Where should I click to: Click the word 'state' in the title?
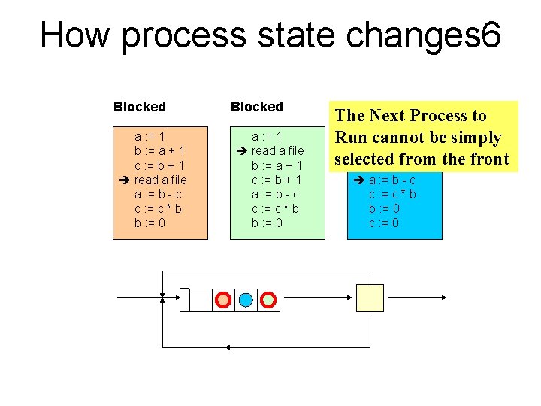coord(296,35)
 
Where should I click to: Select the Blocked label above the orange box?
coord(140,107)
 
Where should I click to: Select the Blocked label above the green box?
coord(257,107)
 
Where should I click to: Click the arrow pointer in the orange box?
coord(124,180)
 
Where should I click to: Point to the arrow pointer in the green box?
coord(241,150)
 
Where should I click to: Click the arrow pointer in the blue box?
coord(359,180)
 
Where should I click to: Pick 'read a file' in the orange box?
coord(161,180)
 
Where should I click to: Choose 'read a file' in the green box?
coord(278,150)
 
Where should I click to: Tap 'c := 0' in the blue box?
coord(384,223)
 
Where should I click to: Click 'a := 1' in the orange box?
coord(150,136)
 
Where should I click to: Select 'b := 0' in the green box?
coord(267,223)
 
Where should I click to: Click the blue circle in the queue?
coord(246,300)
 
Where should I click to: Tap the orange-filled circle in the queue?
coord(223,300)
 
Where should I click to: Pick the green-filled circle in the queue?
coord(268,300)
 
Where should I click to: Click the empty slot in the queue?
coord(201,300)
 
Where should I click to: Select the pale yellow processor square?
coord(370,298)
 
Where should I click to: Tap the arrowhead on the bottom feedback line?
coord(228,347)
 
